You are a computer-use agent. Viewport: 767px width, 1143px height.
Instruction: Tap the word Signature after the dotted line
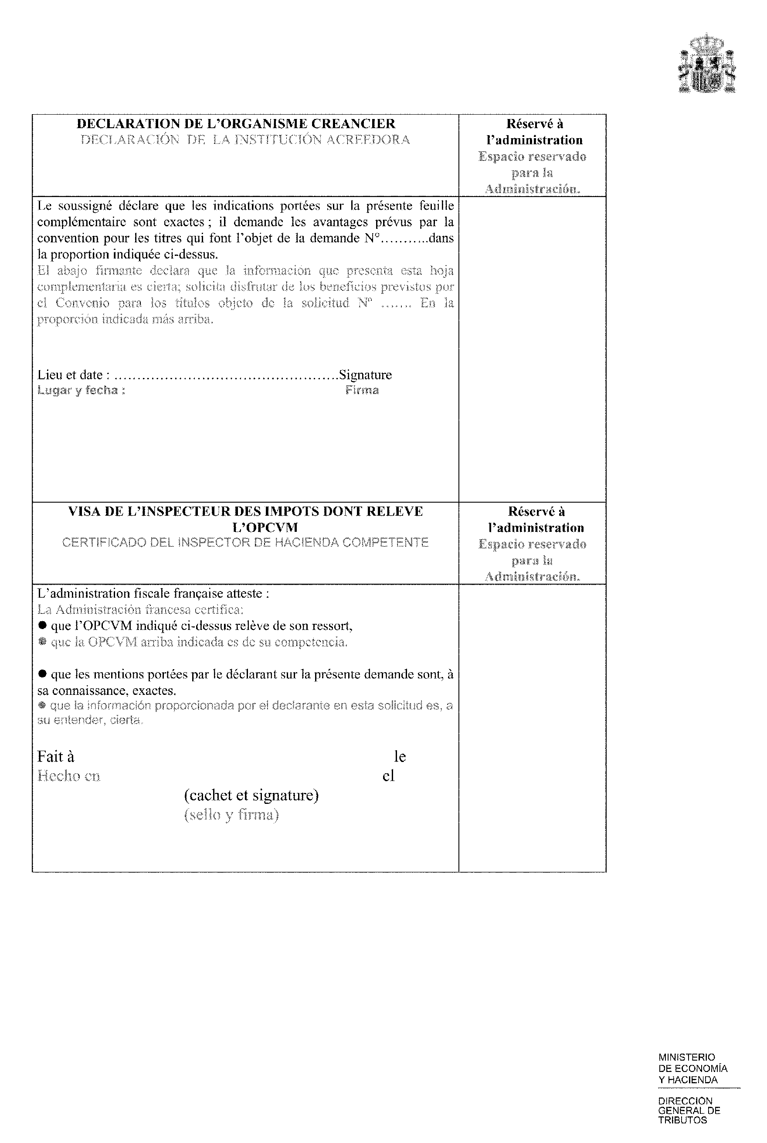coord(365,375)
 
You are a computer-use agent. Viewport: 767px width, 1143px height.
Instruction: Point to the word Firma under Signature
coord(362,391)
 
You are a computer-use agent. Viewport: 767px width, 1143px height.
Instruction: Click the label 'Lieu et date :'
coord(73,375)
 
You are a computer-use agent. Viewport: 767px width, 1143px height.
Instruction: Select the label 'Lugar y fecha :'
coord(81,391)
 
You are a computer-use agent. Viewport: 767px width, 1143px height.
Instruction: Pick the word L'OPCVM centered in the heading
coord(265,527)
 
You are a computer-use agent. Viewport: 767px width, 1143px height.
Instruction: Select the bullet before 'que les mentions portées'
coord(42,674)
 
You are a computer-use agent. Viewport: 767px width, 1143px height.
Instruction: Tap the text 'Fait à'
coord(56,757)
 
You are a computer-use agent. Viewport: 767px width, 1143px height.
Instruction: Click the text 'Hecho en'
coord(69,776)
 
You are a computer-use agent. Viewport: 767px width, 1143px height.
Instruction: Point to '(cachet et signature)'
coord(251,795)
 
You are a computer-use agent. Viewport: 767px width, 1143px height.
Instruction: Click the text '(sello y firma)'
coord(231,815)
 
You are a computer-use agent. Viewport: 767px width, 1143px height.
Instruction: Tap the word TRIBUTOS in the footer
coord(682,1120)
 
